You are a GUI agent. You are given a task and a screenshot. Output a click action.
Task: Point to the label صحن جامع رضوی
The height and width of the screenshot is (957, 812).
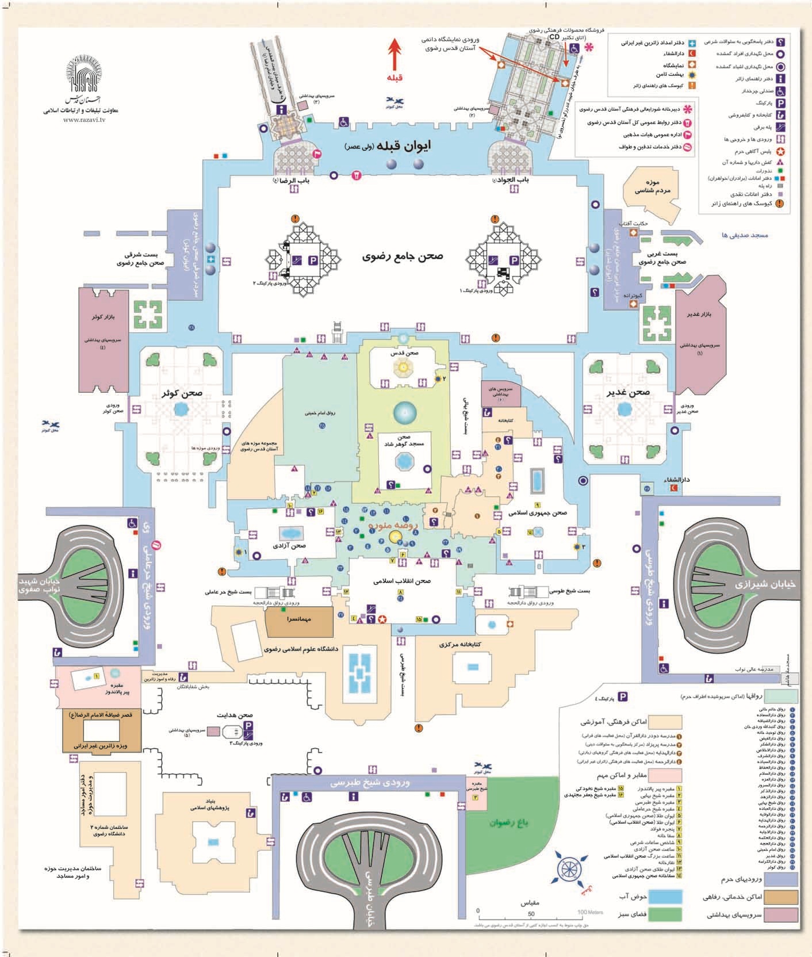point(403,257)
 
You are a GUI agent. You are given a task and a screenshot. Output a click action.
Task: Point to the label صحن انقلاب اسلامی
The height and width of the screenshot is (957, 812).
point(403,581)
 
